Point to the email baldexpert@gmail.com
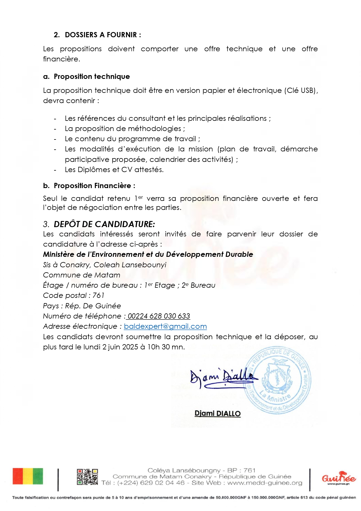click(x=165, y=326)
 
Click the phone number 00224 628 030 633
click(x=159, y=316)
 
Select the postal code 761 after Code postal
click(x=98, y=296)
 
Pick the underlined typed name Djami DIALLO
click(x=218, y=413)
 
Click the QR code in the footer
click(x=87, y=477)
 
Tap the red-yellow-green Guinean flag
click(x=28, y=476)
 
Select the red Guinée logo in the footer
click(x=339, y=478)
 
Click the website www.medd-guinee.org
click(x=265, y=483)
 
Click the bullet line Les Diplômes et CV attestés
click(x=114, y=170)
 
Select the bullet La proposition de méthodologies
click(x=125, y=129)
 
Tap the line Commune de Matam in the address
click(x=81, y=275)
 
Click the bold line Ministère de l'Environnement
click(x=148, y=254)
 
